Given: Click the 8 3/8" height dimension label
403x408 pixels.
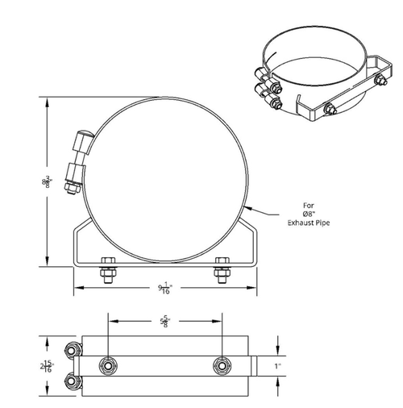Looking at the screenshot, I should (47, 183).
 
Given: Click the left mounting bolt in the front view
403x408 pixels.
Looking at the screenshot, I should (107, 270).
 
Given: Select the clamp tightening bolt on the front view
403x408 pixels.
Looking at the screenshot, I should (76, 160).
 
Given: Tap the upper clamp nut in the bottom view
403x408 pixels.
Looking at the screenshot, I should (73, 349).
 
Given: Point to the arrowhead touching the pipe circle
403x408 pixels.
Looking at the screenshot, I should (243, 211).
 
